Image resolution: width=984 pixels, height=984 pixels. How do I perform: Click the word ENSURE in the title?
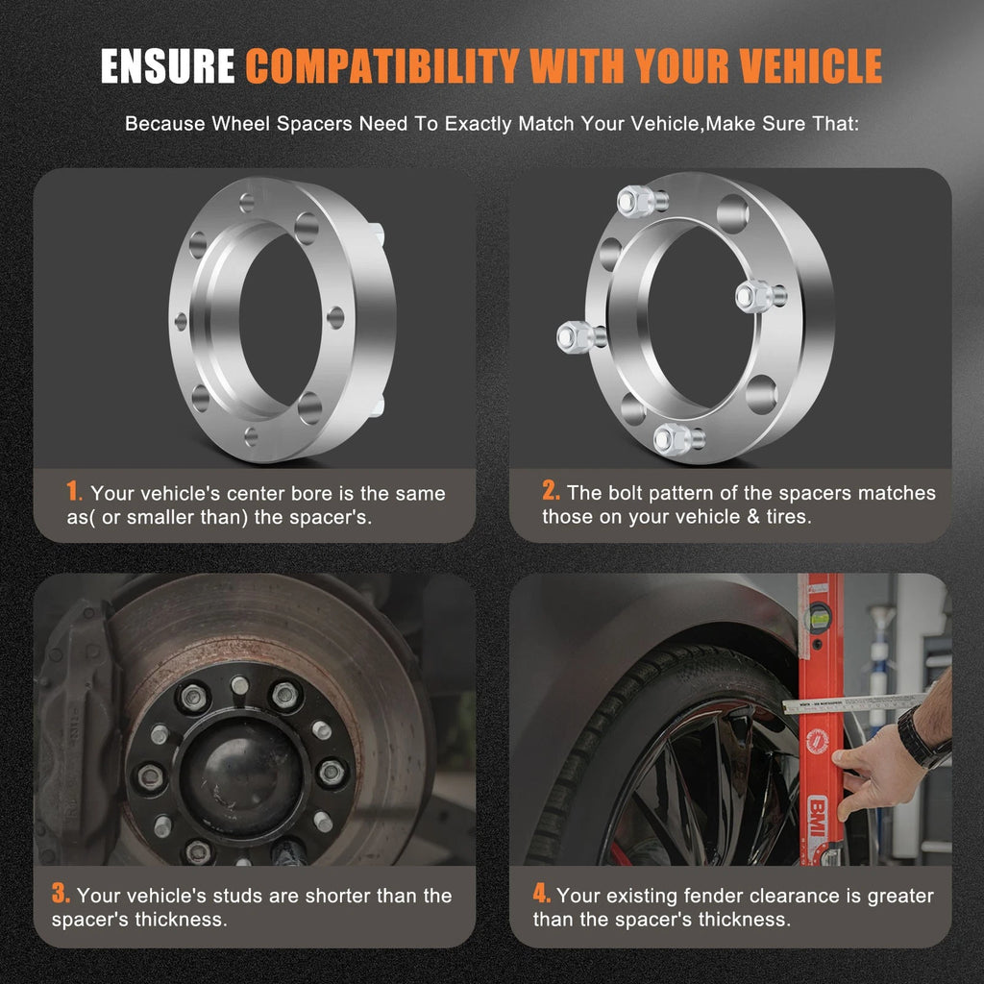click(167, 66)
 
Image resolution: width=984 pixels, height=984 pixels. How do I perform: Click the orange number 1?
click(73, 491)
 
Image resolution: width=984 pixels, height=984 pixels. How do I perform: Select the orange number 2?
click(551, 491)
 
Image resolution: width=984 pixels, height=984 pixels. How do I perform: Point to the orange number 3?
click(61, 893)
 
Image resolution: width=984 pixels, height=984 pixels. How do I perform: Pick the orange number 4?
click(542, 893)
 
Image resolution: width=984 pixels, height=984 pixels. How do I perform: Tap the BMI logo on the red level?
click(817, 816)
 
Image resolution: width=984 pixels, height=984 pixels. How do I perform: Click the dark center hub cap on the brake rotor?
click(242, 775)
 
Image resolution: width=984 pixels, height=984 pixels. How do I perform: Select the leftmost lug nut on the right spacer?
click(575, 337)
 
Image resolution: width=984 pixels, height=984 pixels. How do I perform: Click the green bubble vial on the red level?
click(819, 617)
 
